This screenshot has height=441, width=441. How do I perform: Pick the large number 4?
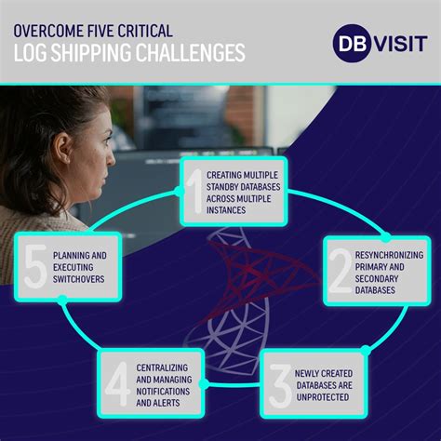(117, 381)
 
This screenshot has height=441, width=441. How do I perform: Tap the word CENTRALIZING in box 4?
(168, 366)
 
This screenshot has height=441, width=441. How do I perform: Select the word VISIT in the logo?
(397, 44)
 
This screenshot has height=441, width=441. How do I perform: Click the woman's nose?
(114, 167)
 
